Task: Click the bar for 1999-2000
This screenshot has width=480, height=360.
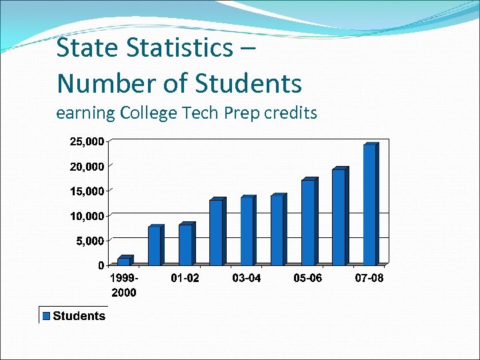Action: (x=123, y=261)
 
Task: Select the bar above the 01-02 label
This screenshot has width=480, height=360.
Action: (x=185, y=245)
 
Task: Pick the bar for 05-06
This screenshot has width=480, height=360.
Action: (x=307, y=222)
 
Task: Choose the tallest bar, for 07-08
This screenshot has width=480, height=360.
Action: (x=369, y=205)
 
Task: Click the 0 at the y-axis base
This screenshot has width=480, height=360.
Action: (x=101, y=265)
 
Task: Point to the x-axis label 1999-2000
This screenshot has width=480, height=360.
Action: (x=124, y=285)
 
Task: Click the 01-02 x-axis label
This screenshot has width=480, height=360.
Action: (x=185, y=278)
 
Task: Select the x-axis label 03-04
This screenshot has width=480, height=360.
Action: (x=246, y=278)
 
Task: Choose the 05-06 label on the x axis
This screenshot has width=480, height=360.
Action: (x=307, y=278)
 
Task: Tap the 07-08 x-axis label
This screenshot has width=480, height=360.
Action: (x=369, y=278)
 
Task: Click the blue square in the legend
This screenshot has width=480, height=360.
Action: (x=47, y=316)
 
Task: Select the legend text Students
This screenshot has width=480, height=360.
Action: (x=79, y=316)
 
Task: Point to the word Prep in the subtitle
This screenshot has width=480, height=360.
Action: (x=242, y=113)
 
